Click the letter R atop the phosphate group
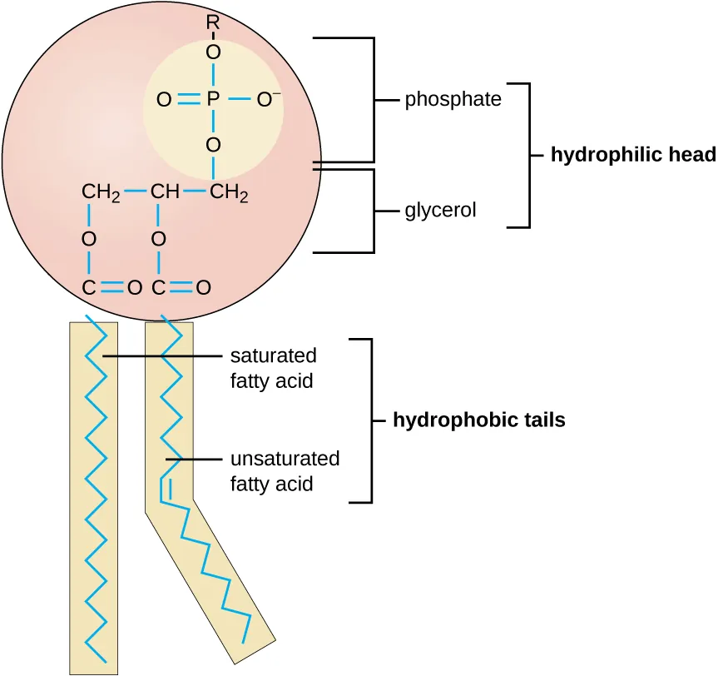212,23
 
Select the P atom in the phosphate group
213,100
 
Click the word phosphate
453,100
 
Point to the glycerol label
440,211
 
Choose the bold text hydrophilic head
632,155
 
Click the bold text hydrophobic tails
478,420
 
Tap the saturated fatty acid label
273,368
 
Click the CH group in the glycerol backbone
165,194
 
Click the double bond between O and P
188,100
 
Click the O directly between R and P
213,52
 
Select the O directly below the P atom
213,146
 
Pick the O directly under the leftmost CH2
89,239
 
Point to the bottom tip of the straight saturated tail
106,662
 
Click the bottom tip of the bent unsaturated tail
243,642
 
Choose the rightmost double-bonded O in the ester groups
202,288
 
